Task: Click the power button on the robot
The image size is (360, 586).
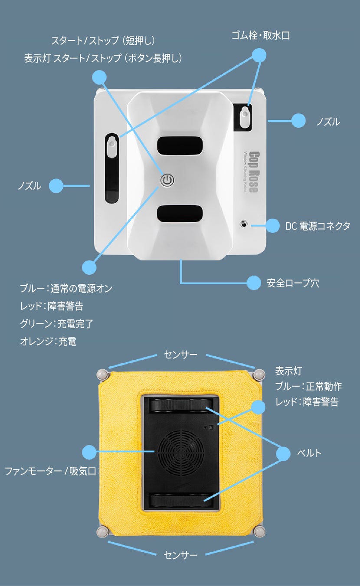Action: (167, 180)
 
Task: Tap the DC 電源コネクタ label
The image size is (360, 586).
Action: (317, 226)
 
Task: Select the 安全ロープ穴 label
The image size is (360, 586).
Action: (293, 283)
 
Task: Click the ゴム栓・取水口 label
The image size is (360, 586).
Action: (260, 36)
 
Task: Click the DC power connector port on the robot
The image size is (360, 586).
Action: (243, 224)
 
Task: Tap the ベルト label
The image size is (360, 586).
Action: (309, 453)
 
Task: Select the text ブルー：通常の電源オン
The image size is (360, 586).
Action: (66, 288)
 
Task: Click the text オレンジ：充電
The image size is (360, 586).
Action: (48, 342)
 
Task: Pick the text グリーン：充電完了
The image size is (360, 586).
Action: (56, 324)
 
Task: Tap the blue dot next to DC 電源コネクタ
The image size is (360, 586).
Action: (272, 226)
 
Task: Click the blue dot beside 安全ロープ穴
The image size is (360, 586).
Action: (254, 283)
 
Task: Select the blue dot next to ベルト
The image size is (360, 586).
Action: (283, 454)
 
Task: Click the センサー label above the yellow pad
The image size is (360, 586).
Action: (180, 355)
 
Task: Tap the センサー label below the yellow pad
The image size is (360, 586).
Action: (180, 555)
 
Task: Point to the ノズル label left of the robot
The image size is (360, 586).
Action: (29, 186)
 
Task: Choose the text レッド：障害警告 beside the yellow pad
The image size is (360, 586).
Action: (307, 402)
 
